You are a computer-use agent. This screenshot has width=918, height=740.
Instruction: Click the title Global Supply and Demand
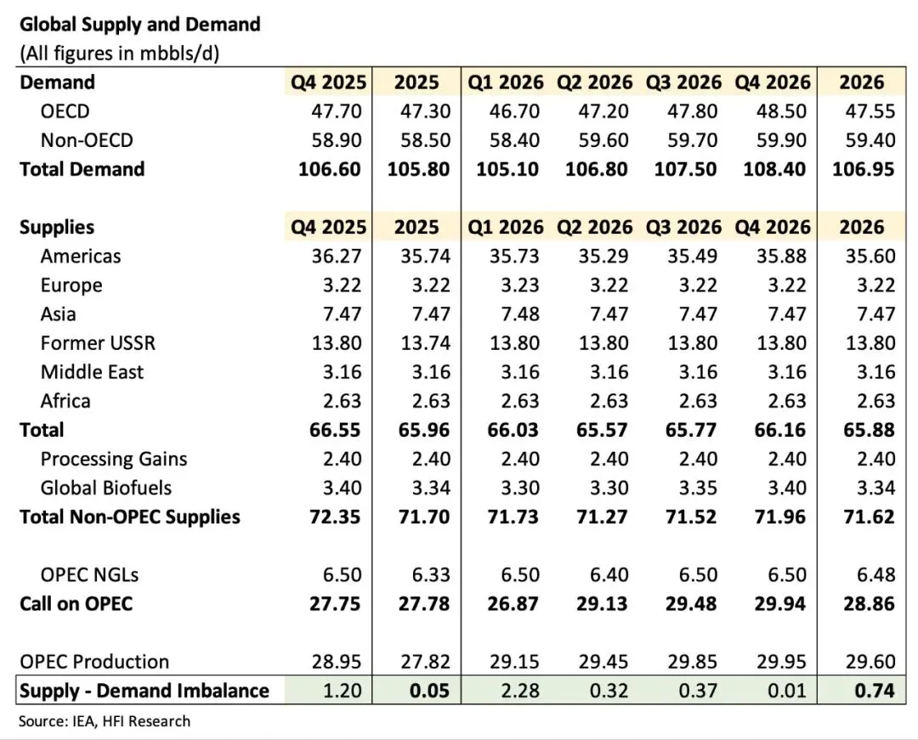[139, 24]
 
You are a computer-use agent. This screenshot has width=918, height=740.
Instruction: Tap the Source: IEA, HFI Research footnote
[105, 721]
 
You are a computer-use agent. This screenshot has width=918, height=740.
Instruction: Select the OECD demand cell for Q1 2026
[507, 111]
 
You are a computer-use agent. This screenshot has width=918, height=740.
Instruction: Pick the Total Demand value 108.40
[773, 169]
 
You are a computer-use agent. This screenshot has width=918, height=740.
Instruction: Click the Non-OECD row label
[87, 140]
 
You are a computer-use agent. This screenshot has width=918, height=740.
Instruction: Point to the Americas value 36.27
[330, 256]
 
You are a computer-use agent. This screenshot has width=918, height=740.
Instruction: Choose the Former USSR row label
[98, 343]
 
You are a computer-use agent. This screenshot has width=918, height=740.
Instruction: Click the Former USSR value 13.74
[418, 343]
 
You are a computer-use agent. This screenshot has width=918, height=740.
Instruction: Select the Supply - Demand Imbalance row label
[144, 691]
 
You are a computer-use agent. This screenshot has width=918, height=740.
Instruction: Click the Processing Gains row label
[114, 459]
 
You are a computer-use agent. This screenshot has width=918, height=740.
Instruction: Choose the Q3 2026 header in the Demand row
[684, 82]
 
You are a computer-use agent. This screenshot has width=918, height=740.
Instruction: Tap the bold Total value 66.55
[330, 430]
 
